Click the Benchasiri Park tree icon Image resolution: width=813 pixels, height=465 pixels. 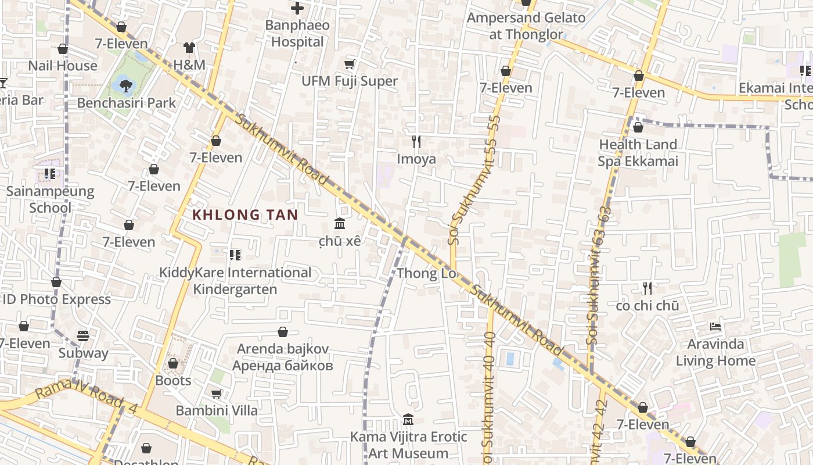tap(125, 87)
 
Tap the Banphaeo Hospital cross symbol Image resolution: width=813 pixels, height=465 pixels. tap(297, 8)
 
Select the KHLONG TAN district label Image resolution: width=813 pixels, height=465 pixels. tap(244, 214)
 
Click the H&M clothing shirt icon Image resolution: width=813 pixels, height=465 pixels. tap(189, 48)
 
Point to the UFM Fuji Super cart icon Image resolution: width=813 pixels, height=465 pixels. tap(349, 64)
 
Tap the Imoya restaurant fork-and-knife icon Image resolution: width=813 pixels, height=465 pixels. tap(416, 141)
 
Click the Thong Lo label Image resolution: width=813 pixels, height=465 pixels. tap(426, 273)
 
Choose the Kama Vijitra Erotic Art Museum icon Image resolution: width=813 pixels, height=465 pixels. tap(408, 420)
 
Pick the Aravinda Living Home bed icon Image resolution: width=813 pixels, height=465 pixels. tap(715, 327)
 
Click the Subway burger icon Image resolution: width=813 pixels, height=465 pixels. tap(83, 336)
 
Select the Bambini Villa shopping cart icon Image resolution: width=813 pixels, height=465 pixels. tap(217, 394)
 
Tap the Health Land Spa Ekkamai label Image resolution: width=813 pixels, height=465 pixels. tap(638, 153)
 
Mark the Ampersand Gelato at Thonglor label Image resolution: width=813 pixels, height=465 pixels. tap(526, 26)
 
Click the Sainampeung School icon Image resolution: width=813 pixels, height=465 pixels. tap(50, 174)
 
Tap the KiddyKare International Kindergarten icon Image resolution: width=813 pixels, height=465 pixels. tap(235, 255)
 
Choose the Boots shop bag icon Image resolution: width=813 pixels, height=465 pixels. tap(173, 363)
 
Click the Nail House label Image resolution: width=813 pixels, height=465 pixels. tap(63, 66)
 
